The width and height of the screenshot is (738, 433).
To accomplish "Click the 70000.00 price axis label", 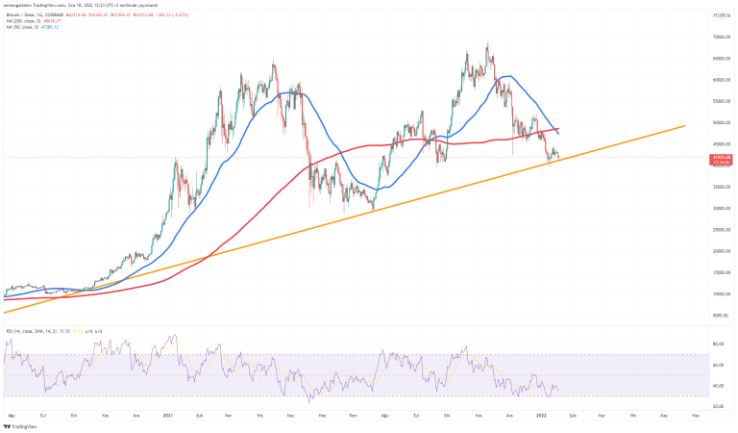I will pos(717,37).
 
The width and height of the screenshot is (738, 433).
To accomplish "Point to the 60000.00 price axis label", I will pos(717,80).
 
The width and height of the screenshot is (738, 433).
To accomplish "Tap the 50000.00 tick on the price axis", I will pos(717,122).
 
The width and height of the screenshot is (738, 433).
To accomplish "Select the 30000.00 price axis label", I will pos(717,208).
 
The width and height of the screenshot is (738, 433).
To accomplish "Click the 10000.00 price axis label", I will pos(717,293).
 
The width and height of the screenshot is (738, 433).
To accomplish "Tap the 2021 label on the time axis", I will pos(167,415).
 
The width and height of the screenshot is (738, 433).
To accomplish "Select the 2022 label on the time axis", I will pos(541,415).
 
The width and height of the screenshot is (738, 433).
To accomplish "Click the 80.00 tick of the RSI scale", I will pos(718,344).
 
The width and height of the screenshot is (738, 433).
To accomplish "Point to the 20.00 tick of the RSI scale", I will pos(718,406).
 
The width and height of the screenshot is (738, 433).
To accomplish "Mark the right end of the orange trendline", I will pos(685,125).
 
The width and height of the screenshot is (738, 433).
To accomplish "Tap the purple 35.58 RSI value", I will pos(61,331).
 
